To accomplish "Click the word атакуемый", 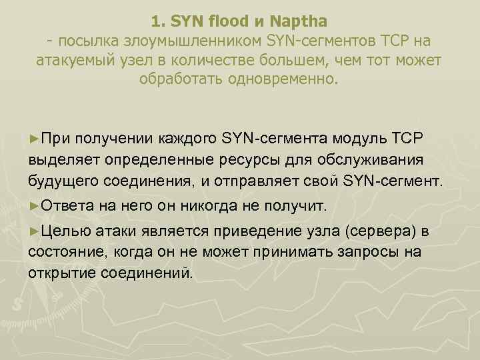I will point(77,61).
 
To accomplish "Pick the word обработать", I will point(175,81).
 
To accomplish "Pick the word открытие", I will point(63,273).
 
